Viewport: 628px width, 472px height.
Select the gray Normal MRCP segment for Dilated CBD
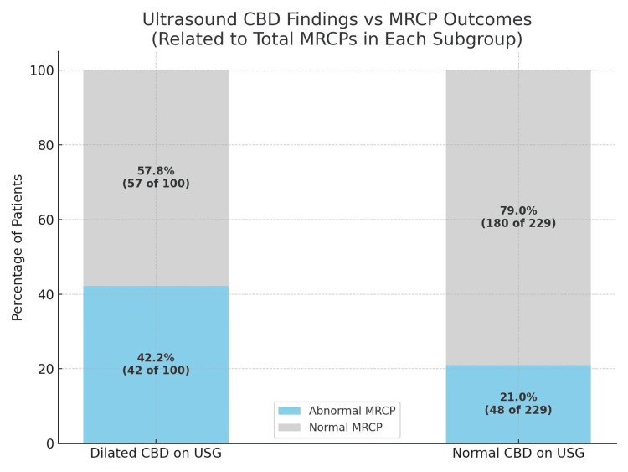(x=155, y=126)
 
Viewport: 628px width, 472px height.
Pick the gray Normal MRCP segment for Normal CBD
(x=517, y=151)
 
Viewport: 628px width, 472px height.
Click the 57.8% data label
(x=156, y=171)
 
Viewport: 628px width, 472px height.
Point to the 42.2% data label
(x=156, y=358)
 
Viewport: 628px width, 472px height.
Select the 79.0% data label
(x=518, y=210)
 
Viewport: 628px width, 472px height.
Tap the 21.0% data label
(x=518, y=397)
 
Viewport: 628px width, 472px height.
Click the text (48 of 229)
(x=518, y=410)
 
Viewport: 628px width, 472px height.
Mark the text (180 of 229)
(x=518, y=223)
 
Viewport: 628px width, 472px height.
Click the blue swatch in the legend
(x=290, y=411)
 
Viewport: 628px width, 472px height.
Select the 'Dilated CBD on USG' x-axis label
(x=156, y=454)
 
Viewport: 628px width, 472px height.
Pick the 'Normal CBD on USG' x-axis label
(x=518, y=454)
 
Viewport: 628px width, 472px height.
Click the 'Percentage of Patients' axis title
(x=18, y=247)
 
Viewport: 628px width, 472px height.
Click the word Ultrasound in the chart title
(x=187, y=19)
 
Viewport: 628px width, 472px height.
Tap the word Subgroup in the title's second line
(x=479, y=39)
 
